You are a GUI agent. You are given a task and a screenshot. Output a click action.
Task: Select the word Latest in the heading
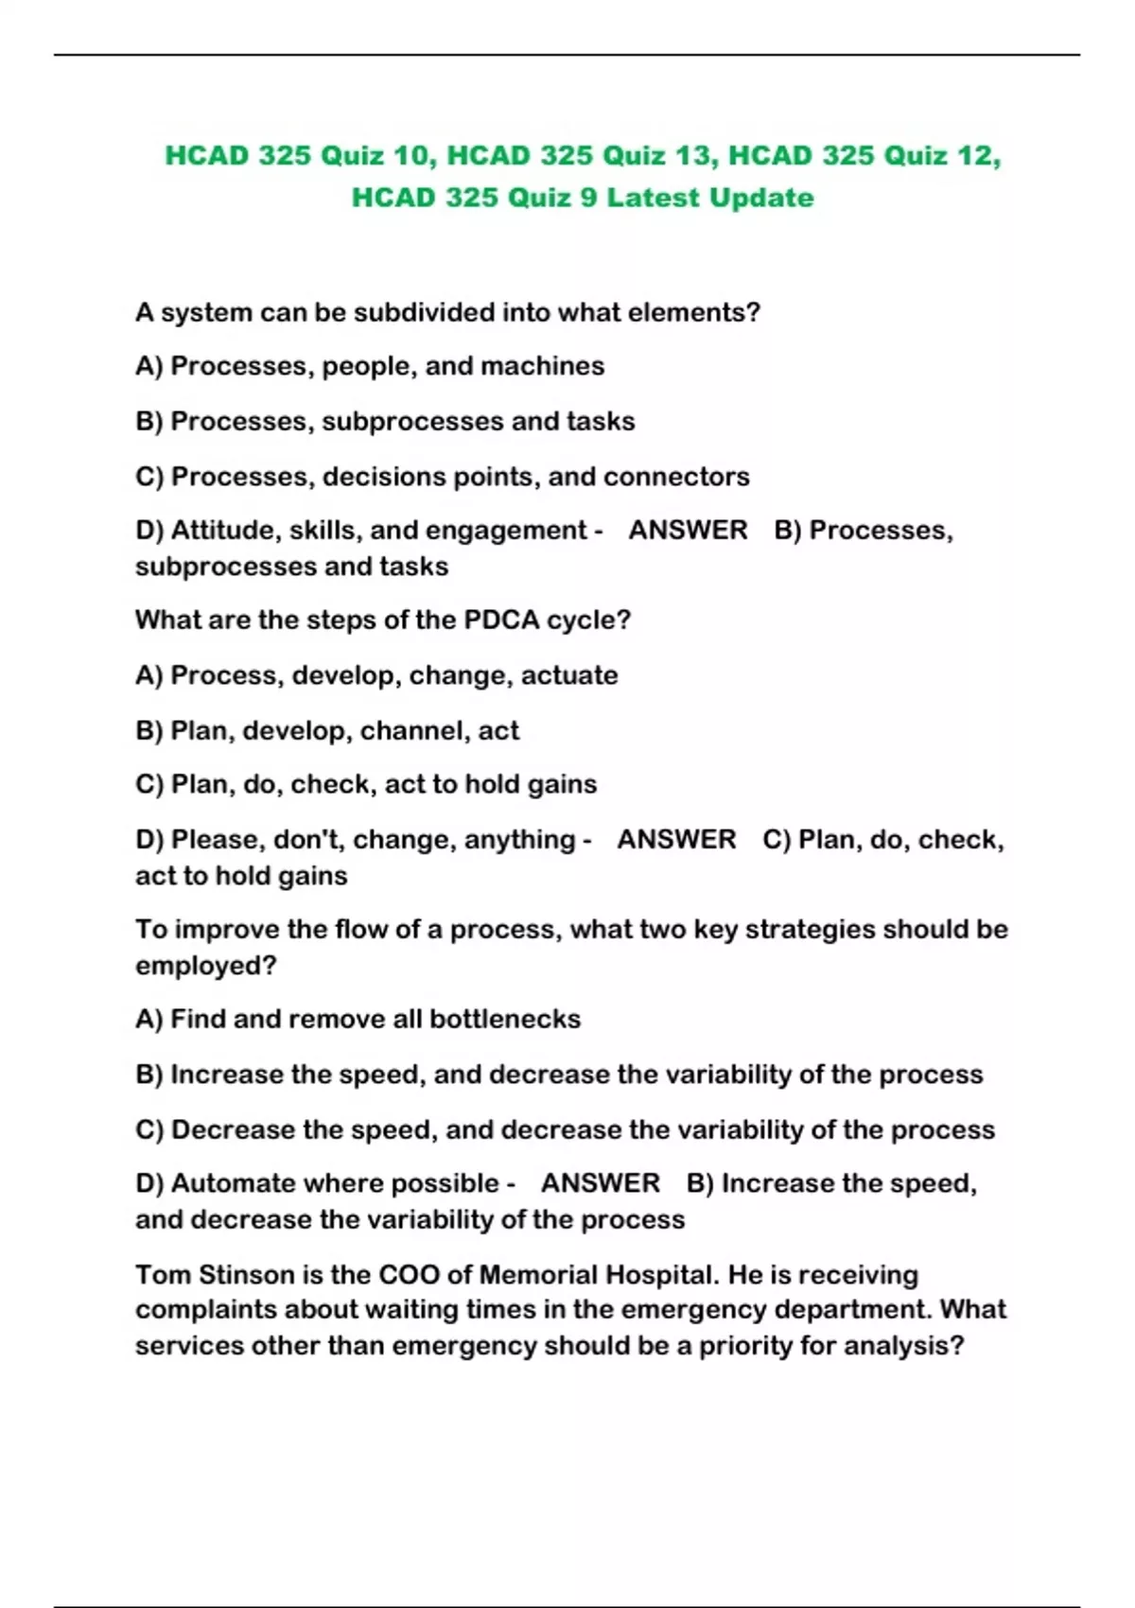(x=653, y=198)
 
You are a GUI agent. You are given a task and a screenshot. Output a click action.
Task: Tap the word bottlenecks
(x=505, y=1019)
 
